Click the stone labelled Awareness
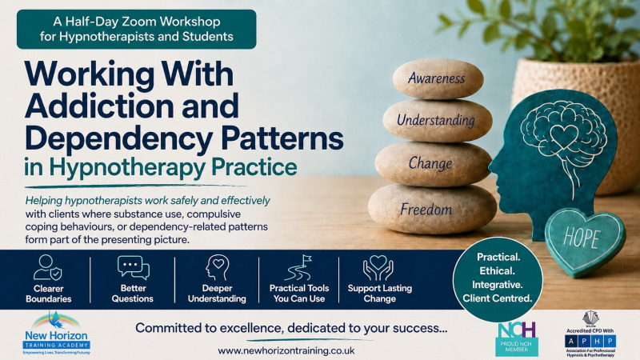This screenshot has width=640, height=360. (438, 78)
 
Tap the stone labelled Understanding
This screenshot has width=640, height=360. (437, 121)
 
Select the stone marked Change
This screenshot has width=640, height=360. (433, 164)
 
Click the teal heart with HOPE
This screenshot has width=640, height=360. (584, 242)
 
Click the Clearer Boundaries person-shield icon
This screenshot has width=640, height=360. (48, 268)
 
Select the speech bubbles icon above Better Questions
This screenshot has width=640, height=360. (133, 268)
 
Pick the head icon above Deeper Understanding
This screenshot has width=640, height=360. (217, 268)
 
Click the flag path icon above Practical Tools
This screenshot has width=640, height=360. (298, 268)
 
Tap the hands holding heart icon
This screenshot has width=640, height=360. (378, 268)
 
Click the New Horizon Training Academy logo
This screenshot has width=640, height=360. (57, 334)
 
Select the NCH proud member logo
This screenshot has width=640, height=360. (516, 338)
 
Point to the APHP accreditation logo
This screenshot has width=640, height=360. (590, 334)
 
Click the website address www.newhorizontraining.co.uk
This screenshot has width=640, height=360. (286, 351)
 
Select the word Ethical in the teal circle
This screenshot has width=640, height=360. (497, 271)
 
